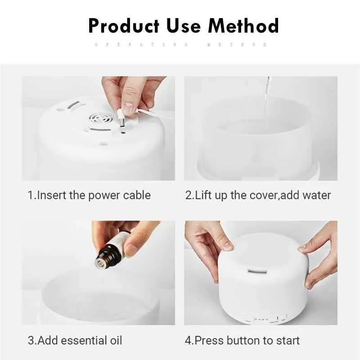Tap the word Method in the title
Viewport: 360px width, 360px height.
click(x=243, y=26)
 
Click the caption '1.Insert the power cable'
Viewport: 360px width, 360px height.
click(x=89, y=195)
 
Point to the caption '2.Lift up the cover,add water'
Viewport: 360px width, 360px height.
click(x=258, y=195)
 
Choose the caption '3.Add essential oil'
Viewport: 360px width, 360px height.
click(x=75, y=340)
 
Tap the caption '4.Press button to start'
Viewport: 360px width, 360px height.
click(x=242, y=340)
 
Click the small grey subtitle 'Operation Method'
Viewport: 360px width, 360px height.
click(x=180, y=45)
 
